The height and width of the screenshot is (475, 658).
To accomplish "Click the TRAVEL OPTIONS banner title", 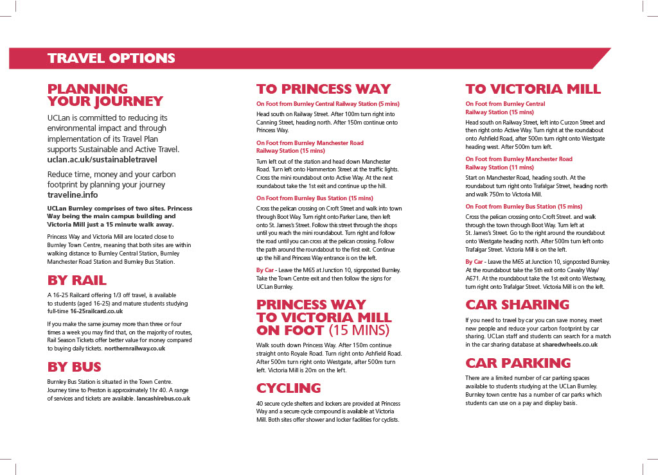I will coord(111,58).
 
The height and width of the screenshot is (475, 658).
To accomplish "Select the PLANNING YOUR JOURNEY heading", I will coord(105,95).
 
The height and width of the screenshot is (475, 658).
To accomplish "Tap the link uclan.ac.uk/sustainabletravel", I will coord(102,159).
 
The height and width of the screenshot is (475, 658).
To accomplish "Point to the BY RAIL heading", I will coord(77,281).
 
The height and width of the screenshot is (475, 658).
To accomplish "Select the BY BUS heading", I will coord(74,367).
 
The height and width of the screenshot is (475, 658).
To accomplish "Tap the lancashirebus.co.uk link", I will coord(163,398).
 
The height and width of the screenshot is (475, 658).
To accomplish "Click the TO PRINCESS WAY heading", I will coord(323,89).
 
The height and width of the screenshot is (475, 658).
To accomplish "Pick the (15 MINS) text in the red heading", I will coord(359,331).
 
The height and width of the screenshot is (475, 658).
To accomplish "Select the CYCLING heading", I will coord(289,388).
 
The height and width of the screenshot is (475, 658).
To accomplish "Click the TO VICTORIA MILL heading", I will coord(533,89).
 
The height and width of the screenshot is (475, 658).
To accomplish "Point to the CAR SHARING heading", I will coord(517,304).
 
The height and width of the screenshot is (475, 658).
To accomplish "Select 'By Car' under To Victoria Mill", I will coord(474,262).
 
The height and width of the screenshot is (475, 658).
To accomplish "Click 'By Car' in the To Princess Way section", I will coord(265,270).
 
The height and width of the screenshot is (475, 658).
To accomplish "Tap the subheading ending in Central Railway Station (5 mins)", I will coord(328,104).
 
